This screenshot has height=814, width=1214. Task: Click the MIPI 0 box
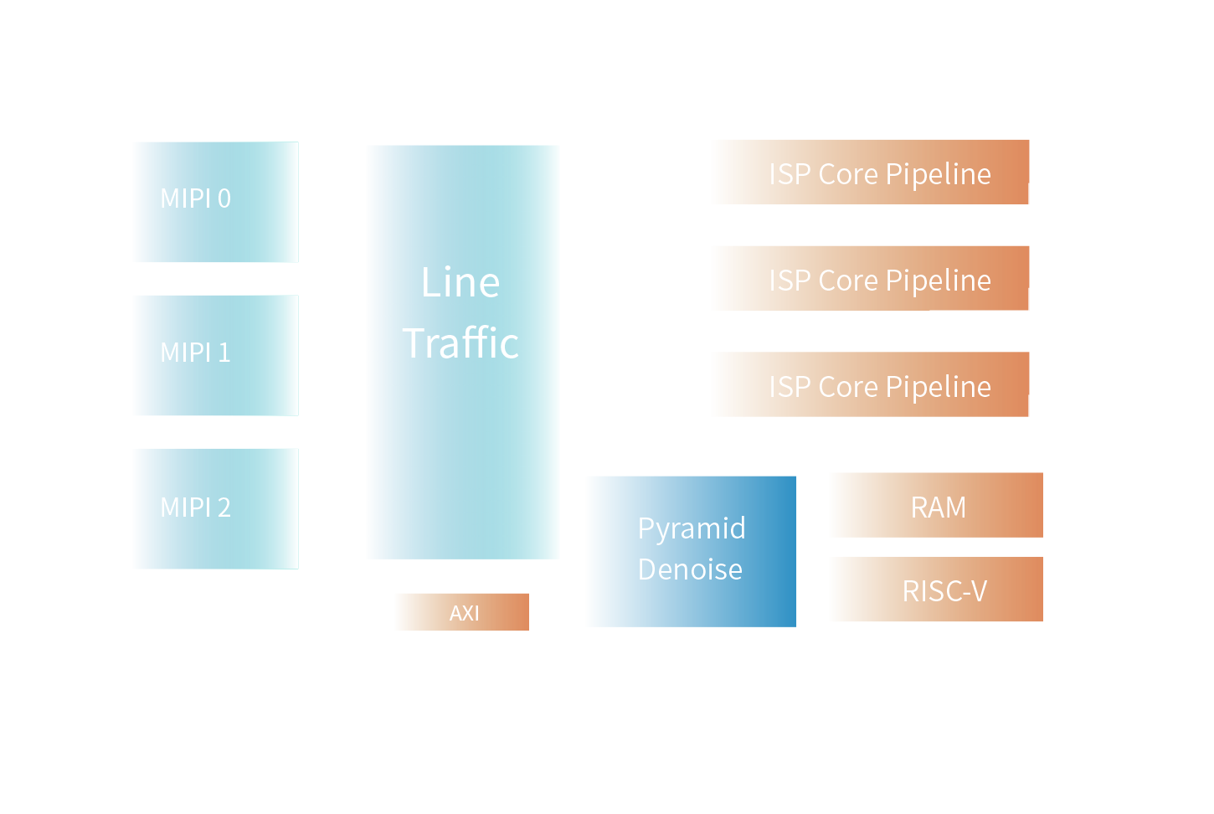tap(216, 202)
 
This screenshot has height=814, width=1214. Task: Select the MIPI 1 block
tap(216, 355)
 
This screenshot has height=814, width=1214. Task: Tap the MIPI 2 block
tap(216, 509)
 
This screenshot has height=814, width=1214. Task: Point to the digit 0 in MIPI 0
tap(224, 198)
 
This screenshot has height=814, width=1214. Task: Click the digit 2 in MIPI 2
tap(224, 507)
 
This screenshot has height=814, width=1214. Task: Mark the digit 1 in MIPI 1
tap(224, 353)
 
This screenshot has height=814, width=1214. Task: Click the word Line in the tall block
tap(460, 282)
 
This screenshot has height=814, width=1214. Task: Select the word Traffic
tap(460, 343)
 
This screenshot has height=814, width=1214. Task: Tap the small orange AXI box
tap(462, 612)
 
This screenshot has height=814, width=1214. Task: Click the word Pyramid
tap(692, 529)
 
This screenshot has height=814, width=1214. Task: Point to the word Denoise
tap(690, 569)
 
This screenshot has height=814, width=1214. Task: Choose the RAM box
tap(937, 505)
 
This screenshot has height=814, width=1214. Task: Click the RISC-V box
tap(937, 590)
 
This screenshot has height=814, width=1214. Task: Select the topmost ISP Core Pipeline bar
tap(871, 173)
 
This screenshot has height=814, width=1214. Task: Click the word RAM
tap(938, 507)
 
